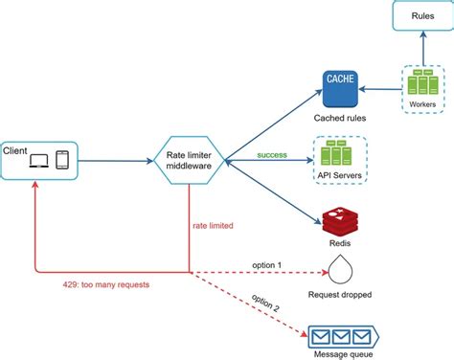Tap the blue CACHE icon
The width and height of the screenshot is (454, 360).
[341, 88]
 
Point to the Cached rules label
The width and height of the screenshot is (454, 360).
[341, 117]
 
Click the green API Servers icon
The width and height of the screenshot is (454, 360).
[341, 152]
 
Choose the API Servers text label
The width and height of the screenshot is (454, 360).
[341, 176]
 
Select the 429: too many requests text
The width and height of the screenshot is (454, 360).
[90, 285]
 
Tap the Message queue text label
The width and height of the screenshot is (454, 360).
[341, 354]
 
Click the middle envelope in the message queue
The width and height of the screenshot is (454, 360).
[340, 336]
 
